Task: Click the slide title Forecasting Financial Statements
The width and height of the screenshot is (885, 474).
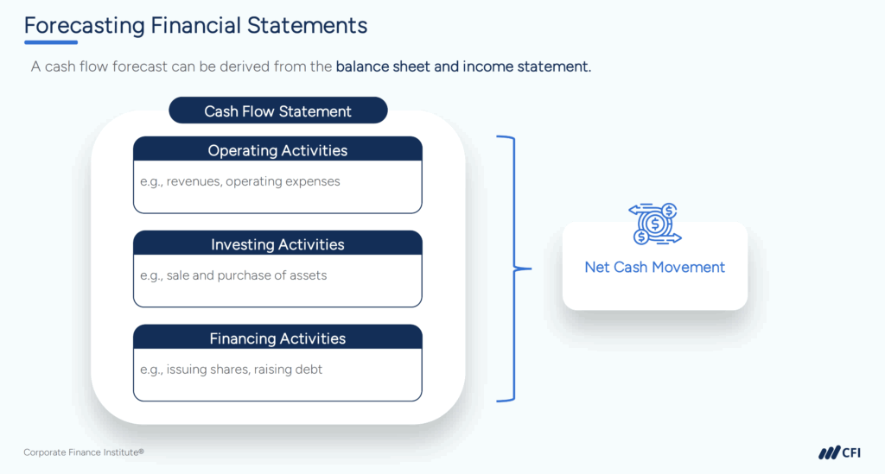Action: (x=195, y=25)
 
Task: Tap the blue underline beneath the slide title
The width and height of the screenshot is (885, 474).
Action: (x=51, y=42)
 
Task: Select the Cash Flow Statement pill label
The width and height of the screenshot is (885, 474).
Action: (x=277, y=111)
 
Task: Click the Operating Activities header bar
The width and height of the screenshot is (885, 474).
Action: (x=277, y=150)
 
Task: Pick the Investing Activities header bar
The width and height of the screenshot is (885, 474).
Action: (x=277, y=244)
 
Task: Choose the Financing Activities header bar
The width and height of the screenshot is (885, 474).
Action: (x=277, y=338)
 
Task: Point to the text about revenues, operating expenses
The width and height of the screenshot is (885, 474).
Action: (x=240, y=182)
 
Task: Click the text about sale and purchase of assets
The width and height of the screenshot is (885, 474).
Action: (x=233, y=276)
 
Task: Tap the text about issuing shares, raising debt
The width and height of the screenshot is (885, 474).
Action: (x=231, y=370)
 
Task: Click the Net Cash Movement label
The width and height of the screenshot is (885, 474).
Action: (x=654, y=268)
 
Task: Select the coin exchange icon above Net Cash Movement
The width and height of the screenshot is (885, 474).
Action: (x=654, y=224)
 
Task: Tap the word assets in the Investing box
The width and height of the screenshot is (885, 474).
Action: (x=309, y=276)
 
